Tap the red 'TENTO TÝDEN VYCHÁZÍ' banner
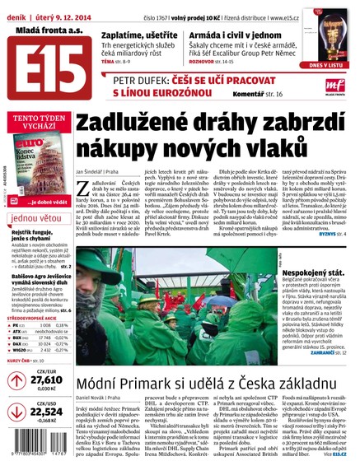coord(35,121)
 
